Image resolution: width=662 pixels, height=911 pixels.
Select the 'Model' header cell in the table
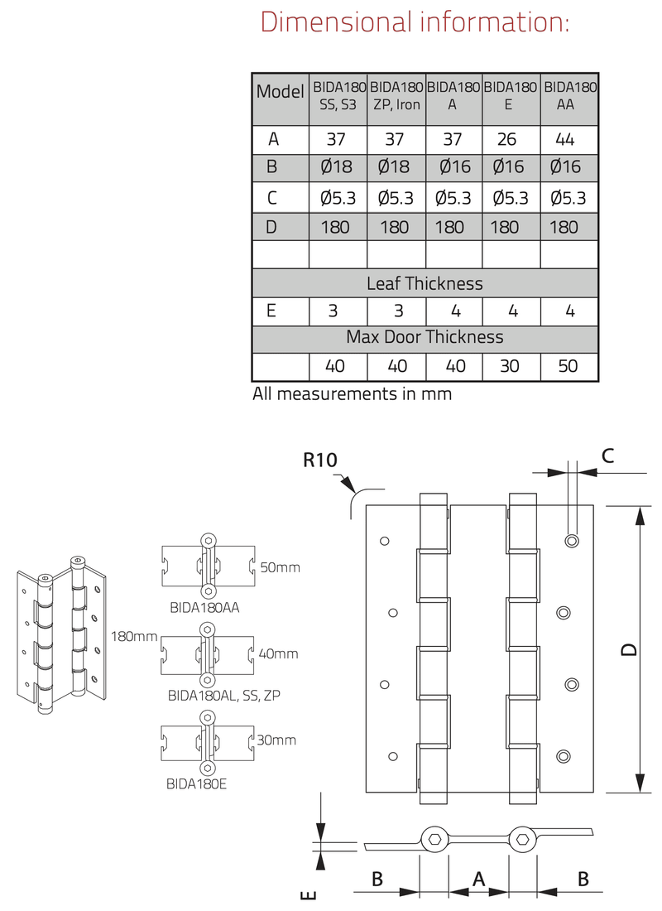[x=280, y=91]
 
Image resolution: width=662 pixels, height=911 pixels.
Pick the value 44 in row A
[x=568, y=140]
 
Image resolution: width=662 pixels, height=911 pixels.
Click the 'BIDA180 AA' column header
[x=571, y=95]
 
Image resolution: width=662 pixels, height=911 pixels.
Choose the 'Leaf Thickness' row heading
[x=425, y=283]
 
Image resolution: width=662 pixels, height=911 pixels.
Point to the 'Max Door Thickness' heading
[x=425, y=337]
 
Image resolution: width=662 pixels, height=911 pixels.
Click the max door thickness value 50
[x=568, y=365]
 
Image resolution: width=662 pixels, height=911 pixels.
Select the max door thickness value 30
[x=510, y=365]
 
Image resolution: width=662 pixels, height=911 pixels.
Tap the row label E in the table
[x=273, y=311]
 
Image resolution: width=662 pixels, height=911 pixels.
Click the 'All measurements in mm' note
[x=353, y=394]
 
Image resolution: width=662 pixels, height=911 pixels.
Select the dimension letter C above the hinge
[x=607, y=454]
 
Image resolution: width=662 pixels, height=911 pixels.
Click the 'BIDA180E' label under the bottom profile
[x=196, y=780]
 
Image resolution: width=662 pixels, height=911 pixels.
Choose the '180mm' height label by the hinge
[x=134, y=636]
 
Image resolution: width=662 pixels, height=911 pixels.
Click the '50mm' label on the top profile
[x=280, y=568]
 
